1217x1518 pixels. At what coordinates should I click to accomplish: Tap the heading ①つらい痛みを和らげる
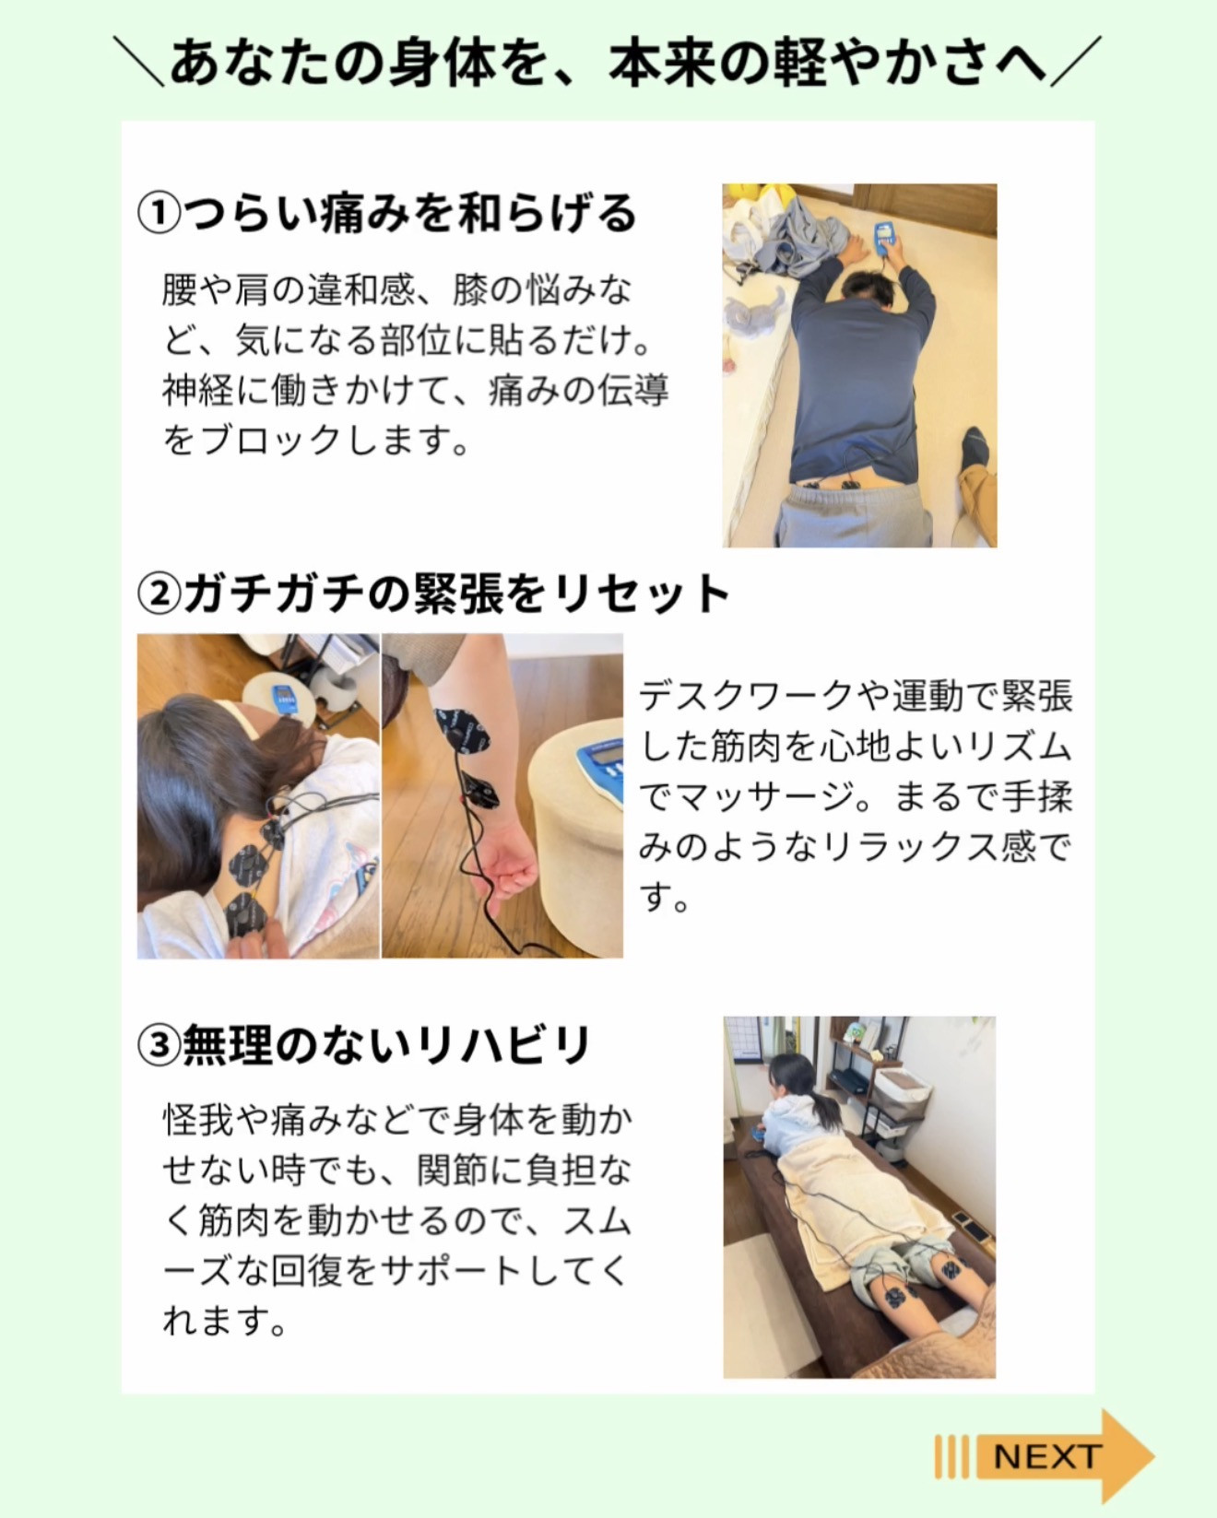point(387,213)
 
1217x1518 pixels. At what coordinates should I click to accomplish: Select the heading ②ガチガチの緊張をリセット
point(433,593)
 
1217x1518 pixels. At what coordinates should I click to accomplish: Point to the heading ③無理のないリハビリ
point(364,1045)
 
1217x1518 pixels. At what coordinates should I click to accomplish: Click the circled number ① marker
point(159,214)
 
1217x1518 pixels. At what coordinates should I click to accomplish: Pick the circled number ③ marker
point(159,1046)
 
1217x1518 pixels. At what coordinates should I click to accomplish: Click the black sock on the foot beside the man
point(975,447)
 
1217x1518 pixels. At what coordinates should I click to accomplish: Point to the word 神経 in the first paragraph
point(198,391)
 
